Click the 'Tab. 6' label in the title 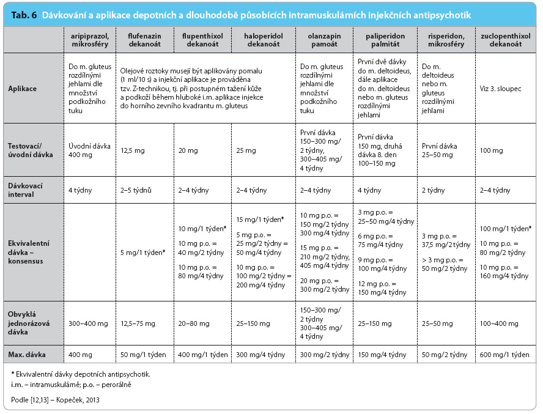[24, 15]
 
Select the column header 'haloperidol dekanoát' [263, 40]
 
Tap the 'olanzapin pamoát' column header [324, 40]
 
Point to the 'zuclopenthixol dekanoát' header [505, 40]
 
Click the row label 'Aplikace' [22, 89]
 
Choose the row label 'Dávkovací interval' [25, 190]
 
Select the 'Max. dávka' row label [27, 355]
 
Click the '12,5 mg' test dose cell [132, 150]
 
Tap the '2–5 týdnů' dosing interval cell [136, 190]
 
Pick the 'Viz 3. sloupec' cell [500, 89]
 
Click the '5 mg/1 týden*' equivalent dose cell [142, 253]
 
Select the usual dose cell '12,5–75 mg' [138, 323]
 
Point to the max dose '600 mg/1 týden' [504, 355]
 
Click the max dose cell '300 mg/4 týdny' [260, 355]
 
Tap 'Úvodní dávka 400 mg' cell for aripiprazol [89, 150]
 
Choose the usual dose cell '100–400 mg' [499, 323]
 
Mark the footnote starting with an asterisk [81, 374]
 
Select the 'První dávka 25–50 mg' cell [439, 150]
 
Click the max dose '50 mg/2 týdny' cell [445, 355]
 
